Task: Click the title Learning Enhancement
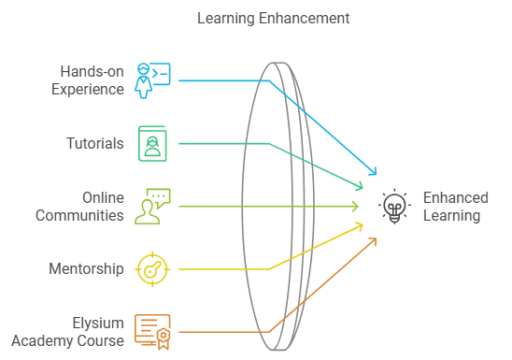[x=274, y=18]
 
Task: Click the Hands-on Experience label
[x=92, y=80]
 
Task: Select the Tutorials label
[x=94, y=144]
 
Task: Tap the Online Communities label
[x=79, y=207]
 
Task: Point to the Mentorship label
[x=86, y=269]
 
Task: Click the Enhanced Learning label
[x=456, y=207]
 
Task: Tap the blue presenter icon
[x=152, y=80]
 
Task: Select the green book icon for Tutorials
[x=152, y=143]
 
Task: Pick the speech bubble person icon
[x=152, y=207]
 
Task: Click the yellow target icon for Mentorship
[x=152, y=269]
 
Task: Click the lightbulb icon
[x=395, y=207]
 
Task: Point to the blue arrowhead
[x=374, y=173]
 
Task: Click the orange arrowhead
[x=374, y=240]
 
